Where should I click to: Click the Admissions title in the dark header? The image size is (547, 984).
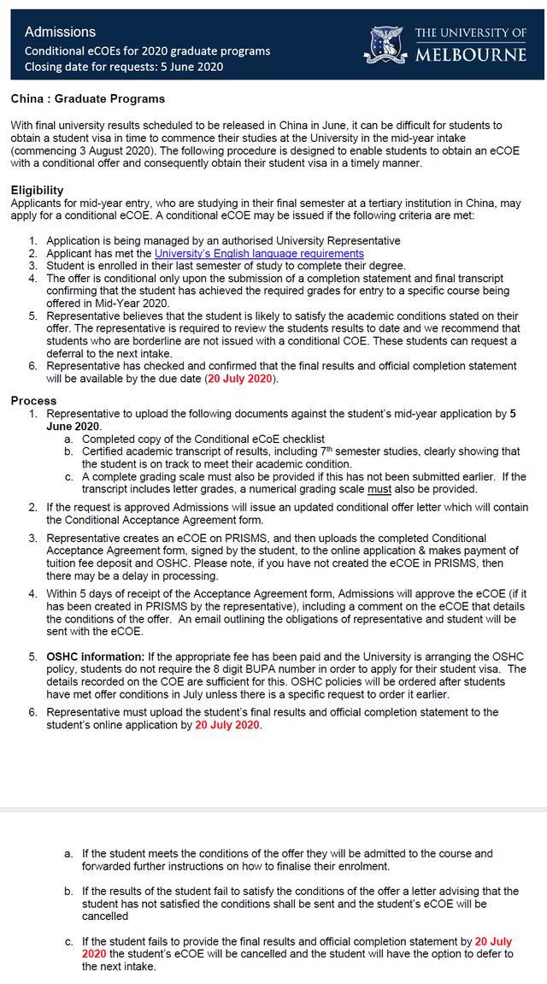click(60, 32)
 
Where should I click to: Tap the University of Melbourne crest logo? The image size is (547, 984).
click(389, 44)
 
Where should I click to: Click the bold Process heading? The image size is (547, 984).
click(34, 400)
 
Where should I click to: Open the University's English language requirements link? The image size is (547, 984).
click(259, 254)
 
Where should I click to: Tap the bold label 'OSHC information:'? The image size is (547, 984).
click(96, 657)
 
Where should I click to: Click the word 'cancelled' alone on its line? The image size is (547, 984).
click(107, 916)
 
